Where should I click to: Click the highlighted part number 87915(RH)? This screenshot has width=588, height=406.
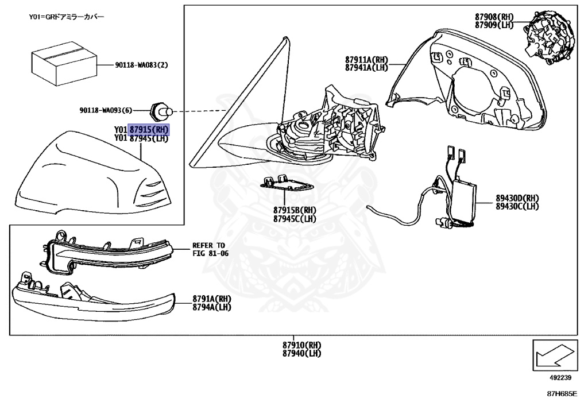(x=149, y=129)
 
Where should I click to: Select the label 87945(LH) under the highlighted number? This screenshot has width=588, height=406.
(x=149, y=138)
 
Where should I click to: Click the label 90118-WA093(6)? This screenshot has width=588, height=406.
(x=106, y=110)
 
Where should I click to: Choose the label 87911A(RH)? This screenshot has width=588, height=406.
(x=367, y=60)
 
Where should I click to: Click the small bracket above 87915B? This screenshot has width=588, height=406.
(x=287, y=183)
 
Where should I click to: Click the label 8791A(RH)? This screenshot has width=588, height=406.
(x=212, y=299)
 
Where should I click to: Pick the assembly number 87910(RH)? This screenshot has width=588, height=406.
(x=301, y=345)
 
